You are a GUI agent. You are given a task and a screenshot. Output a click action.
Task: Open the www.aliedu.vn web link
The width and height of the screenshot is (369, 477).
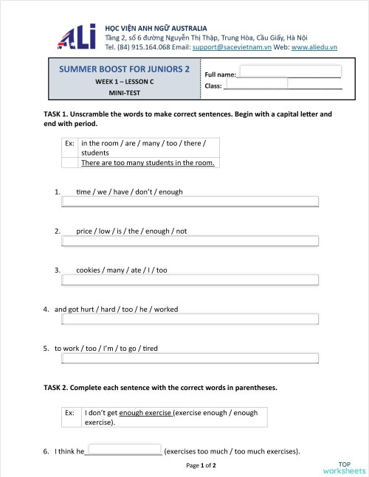tap(314, 46)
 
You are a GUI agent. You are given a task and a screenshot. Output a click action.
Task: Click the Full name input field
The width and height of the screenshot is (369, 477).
tap(290, 72)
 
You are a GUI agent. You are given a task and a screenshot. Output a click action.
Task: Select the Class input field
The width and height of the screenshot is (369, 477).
tap(255, 83)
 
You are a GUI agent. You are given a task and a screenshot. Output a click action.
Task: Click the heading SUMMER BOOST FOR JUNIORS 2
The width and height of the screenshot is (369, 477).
tap(124, 69)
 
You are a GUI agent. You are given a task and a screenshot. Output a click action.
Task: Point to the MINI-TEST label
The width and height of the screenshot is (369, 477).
tap(124, 93)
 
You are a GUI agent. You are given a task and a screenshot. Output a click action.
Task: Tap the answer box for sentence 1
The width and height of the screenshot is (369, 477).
tap(190, 201)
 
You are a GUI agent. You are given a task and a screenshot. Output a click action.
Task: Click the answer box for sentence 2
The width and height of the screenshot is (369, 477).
tap(190, 240)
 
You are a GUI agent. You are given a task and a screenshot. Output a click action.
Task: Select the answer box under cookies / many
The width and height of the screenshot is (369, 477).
tap(190, 280)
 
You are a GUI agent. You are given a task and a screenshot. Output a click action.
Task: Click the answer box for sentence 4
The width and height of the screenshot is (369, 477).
tap(190, 319)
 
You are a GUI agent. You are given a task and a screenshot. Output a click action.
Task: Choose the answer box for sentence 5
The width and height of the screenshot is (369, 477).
tap(190, 358)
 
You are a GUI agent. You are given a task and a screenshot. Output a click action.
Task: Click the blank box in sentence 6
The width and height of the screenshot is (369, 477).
tap(124, 449)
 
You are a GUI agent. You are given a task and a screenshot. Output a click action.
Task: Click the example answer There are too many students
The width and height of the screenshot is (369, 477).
tap(148, 162)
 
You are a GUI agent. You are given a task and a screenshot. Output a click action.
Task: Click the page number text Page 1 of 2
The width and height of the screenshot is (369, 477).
tap(201, 466)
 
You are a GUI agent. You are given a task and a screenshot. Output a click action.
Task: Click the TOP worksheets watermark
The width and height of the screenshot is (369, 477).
tap(344, 467)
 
